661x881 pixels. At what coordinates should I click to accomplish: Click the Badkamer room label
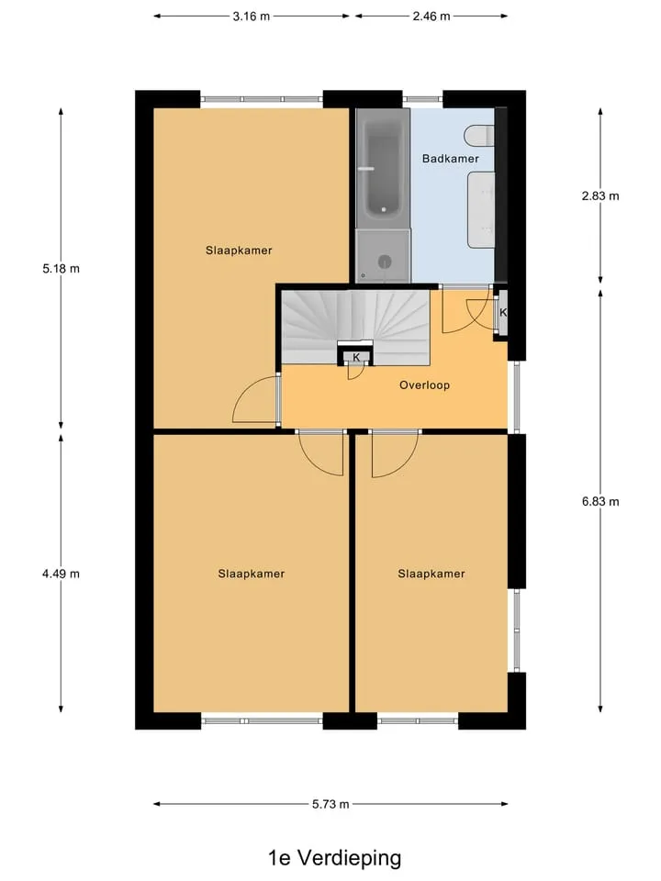(x=450, y=159)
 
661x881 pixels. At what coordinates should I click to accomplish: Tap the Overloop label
(x=424, y=385)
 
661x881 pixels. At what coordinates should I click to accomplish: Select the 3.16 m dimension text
(x=252, y=17)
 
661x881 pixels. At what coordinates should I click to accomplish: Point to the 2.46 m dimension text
(x=431, y=17)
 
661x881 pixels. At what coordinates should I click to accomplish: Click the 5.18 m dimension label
(x=61, y=269)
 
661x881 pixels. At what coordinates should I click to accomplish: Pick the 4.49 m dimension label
(x=61, y=574)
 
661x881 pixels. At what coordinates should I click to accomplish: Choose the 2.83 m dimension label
(x=600, y=196)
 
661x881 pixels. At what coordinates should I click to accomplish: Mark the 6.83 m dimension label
(x=600, y=502)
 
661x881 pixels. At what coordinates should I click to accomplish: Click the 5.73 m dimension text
(x=330, y=804)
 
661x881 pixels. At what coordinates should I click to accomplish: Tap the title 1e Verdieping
(x=334, y=858)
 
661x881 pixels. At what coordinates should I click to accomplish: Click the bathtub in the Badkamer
(x=383, y=168)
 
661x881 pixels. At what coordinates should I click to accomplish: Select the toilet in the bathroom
(x=479, y=136)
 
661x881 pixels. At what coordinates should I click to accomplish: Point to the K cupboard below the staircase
(x=356, y=357)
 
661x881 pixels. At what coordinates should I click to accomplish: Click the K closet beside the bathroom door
(x=502, y=312)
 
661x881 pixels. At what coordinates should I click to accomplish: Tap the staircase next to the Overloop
(x=355, y=327)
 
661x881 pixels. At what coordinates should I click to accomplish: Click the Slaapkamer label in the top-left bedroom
(x=239, y=251)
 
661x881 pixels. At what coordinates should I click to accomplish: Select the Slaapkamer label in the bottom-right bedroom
(x=431, y=574)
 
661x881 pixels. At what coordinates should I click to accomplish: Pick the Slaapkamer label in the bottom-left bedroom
(x=252, y=574)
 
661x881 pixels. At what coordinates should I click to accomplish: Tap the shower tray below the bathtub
(x=383, y=256)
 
